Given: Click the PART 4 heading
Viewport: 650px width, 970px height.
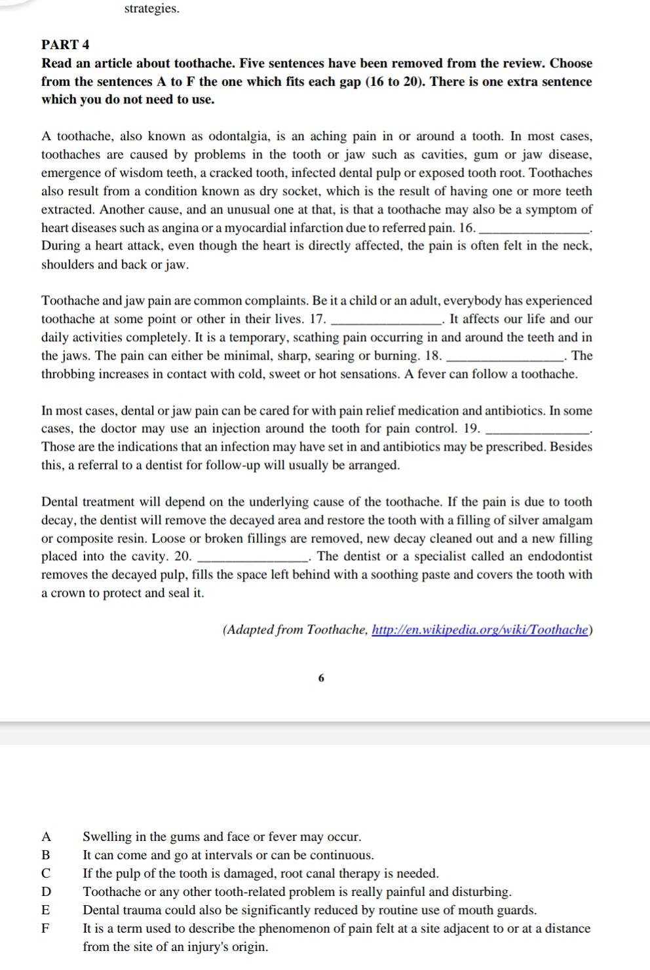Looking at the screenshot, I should [66, 45].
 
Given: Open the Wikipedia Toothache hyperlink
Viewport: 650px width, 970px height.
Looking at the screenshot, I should [480, 630].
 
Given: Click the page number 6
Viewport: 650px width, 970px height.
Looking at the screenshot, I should [321, 679].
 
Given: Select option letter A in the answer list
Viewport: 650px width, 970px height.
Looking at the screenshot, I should [46, 837].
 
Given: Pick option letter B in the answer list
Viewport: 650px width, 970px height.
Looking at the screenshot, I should [46, 855].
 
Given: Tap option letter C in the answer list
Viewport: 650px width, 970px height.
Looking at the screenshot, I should [46, 874].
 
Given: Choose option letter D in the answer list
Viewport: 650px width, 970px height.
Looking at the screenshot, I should [46, 892].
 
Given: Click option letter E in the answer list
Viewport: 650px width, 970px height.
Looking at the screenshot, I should [46, 910].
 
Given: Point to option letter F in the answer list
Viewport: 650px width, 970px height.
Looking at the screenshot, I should [46, 929].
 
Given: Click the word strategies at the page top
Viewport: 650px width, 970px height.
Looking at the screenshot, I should [151, 9].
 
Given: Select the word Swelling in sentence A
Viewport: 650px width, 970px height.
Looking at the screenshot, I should [107, 837].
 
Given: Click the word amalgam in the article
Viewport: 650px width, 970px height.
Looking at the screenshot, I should [567, 520].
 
